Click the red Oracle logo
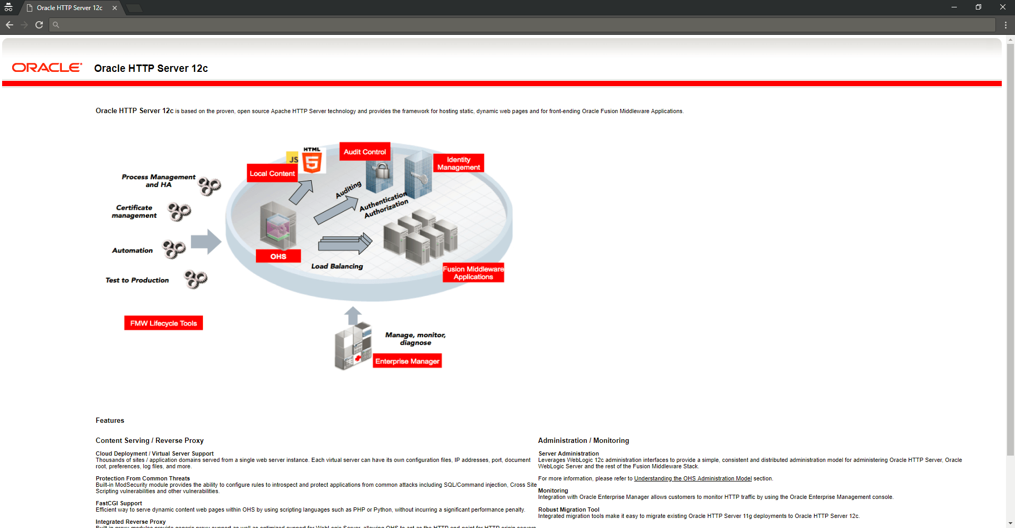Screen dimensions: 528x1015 [x=47, y=68]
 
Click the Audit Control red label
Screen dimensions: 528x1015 [x=365, y=152]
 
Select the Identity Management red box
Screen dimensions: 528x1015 [x=458, y=163]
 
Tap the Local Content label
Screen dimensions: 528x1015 [x=272, y=173]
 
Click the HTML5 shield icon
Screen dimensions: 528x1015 [x=312, y=162]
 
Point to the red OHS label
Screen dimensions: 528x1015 [x=278, y=256]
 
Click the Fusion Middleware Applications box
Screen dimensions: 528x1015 [x=473, y=273]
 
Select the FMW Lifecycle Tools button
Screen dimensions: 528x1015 [x=163, y=323]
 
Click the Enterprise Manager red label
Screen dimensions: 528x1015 [x=407, y=362]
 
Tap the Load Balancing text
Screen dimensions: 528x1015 [x=337, y=266]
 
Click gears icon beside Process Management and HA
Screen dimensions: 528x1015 [x=209, y=186]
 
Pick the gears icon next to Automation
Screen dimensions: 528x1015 [x=174, y=249]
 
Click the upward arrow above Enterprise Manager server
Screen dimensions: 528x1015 [x=353, y=316]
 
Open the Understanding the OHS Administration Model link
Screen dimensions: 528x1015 [x=693, y=479]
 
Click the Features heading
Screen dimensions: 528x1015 [x=110, y=421]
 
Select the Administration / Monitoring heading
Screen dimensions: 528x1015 [x=584, y=441]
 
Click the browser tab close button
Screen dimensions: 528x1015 [x=115, y=8]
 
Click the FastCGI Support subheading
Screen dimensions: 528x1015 [x=119, y=504]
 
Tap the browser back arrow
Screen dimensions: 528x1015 [x=10, y=25]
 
